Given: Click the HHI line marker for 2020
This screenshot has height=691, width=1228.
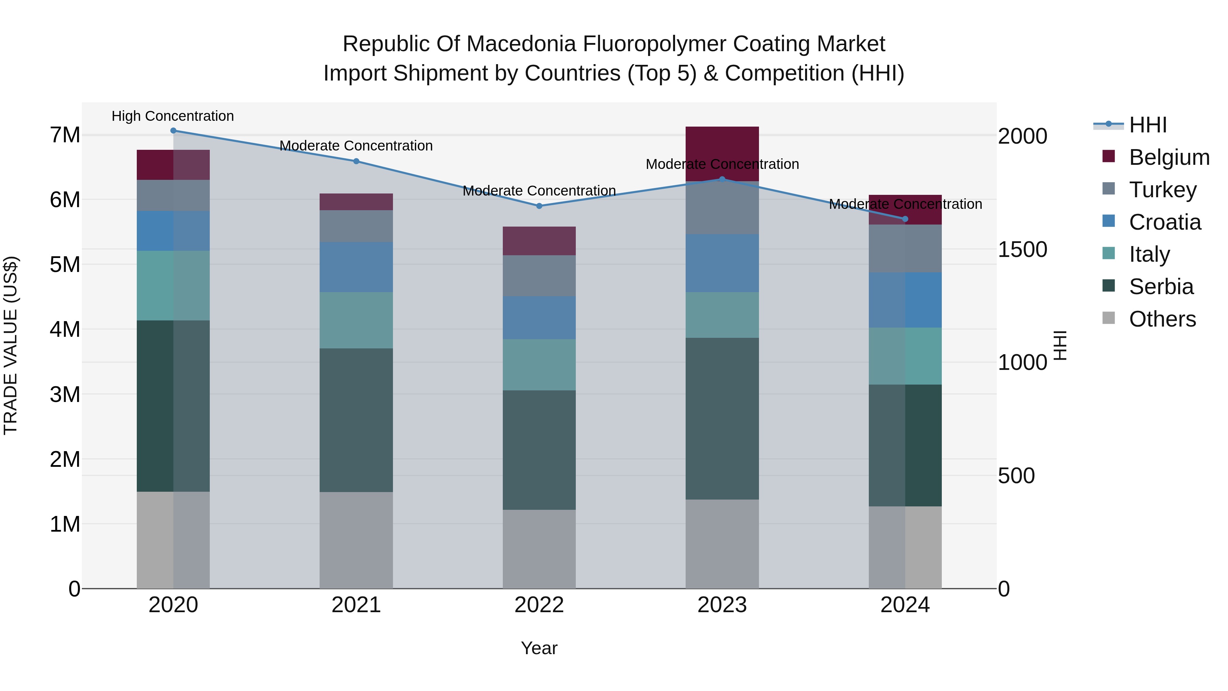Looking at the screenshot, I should pyautogui.click(x=173, y=130).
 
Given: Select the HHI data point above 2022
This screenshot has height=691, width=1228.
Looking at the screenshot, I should pyautogui.click(x=539, y=206).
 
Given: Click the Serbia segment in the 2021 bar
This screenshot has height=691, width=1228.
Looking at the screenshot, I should pyautogui.click(x=356, y=420).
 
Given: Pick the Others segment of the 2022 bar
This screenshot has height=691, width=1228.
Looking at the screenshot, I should pyautogui.click(x=539, y=548).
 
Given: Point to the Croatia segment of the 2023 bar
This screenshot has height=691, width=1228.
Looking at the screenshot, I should pyautogui.click(x=722, y=263).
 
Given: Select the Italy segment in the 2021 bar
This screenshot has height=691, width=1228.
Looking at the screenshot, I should pyautogui.click(x=356, y=320).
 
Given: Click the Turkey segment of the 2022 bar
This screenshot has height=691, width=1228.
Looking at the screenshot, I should pyautogui.click(x=539, y=276).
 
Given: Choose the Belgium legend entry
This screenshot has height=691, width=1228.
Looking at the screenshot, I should pyautogui.click(x=1168, y=157).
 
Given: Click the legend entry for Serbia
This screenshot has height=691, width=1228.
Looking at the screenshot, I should pyautogui.click(x=1161, y=287).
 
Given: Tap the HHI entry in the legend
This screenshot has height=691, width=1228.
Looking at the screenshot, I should pyautogui.click(x=1147, y=125).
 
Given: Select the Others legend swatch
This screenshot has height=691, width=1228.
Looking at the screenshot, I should pyautogui.click(x=1109, y=318).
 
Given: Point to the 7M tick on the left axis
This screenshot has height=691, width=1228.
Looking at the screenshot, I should pyautogui.click(x=65, y=135).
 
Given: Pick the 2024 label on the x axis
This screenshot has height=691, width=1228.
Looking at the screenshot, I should pyautogui.click(x=904, y=605).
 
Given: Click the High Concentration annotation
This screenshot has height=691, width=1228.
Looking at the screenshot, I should pyautogui.click(x=173, y=116).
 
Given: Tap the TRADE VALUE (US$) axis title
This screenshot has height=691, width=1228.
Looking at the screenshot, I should pyautogui.click(x=11, y=345).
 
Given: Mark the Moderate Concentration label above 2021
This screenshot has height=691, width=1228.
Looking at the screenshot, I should pyautogui.click(x=356, y=145).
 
